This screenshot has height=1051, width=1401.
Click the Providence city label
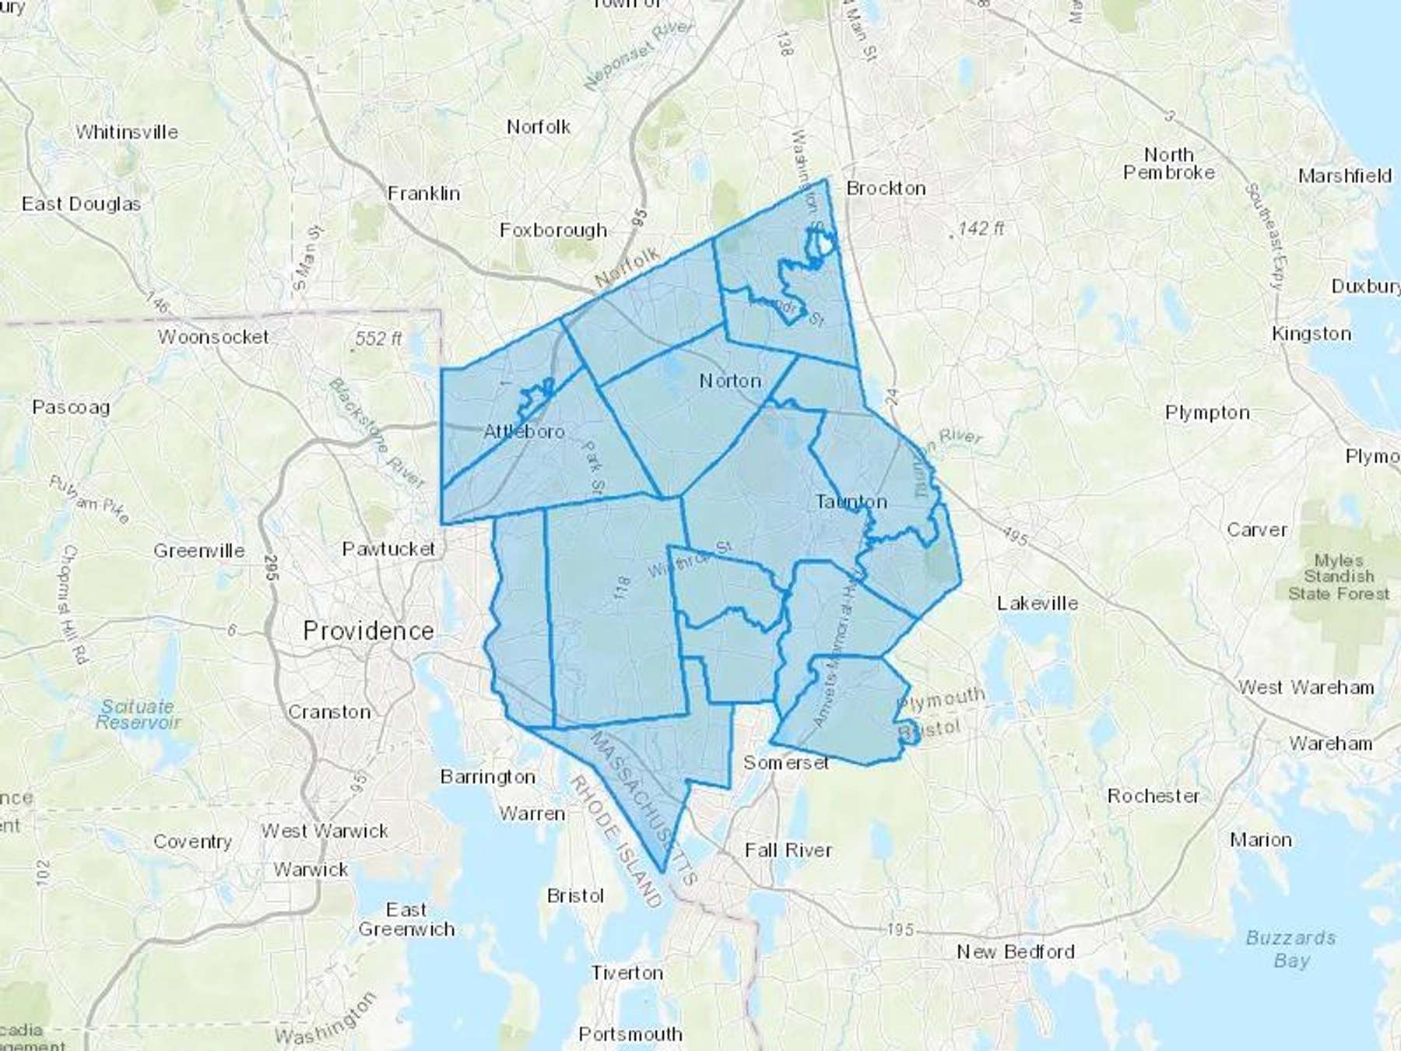pyautogui.click(x=368, y=631)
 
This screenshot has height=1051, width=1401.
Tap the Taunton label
pyautogui.click(x=851, y=502)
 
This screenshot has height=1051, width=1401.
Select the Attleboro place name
pyautogui.click(x=524, y=431)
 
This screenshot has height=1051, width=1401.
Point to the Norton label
pyautogui.click(x=729, y=381)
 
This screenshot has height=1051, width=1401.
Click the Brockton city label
pyautogui.click(x=886, y=188)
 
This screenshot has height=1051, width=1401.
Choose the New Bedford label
pyautogui.click(x=1016, y=951)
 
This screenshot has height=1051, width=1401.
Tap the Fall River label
pyautogui.click(x=788, y=849)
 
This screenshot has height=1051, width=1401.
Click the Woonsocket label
pyautogui.click(x=213, y=337)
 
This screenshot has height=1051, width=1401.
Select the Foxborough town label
pyautogui.click(x=553, y=230)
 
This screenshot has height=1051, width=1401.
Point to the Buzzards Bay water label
pyautogui.click(x=1290, y=948)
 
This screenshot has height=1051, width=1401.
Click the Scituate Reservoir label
pyautogui.click(x=138, y=714)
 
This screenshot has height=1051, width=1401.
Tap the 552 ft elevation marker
pyautogui.click(x=378, y=339)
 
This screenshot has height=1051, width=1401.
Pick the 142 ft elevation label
pyautogui.click(x=980, y=228)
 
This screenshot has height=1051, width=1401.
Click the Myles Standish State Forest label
pyautogui.click(x=1338, y=577)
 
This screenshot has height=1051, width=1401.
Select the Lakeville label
pyautogui.click(x=1038, y=603)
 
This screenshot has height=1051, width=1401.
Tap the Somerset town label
pyautogui.click(x=785, y=763)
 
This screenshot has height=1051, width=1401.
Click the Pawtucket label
pyautogui.click(x=388, y=550)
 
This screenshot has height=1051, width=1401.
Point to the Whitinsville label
pyautogui.click(x=127, y=132)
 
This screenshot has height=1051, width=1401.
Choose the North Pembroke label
pyautogui.click(x=1168, y=163)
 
